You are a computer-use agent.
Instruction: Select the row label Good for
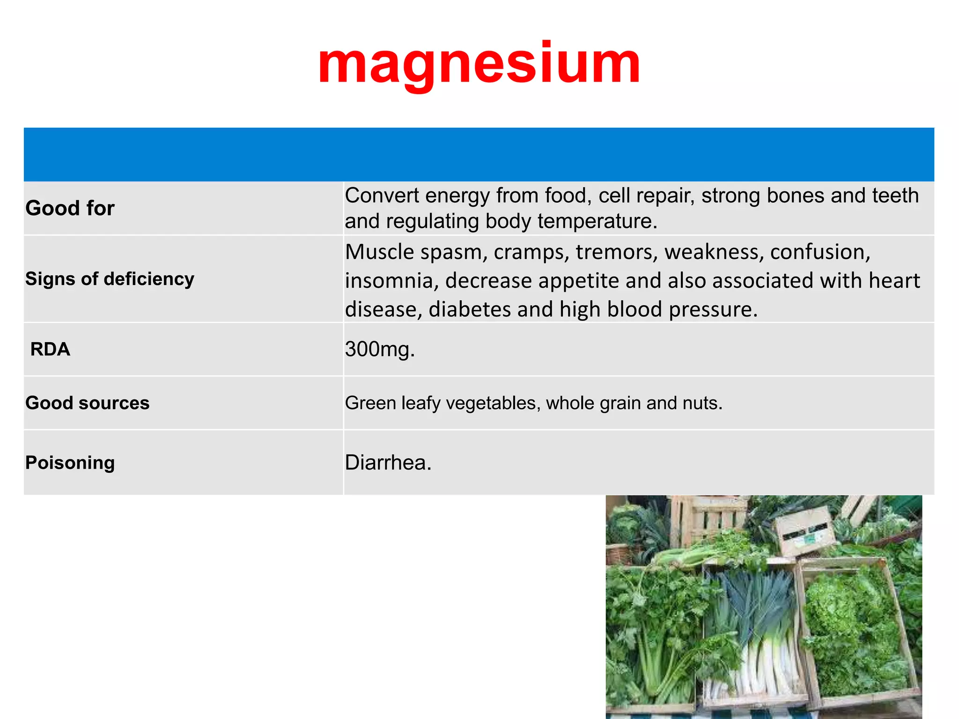[70, 208]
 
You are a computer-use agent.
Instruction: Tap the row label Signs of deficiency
[110, 279]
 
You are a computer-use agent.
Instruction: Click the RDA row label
[50, 349]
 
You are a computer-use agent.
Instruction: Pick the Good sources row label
[87, 403]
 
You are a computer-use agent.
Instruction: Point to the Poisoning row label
[70, 462]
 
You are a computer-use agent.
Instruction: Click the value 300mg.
[379, 349]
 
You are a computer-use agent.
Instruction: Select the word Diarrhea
[388, 462]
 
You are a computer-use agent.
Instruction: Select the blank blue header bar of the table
[479, 154]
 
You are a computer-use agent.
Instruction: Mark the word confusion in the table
[820, 252]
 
